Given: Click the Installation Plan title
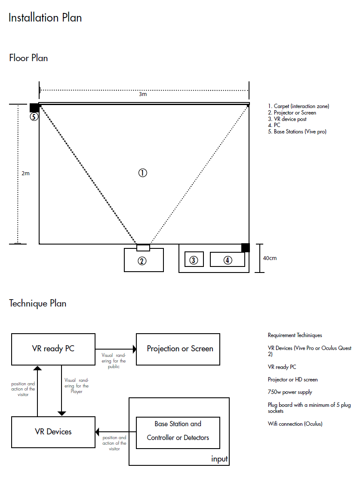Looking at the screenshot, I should click(x=45, y=18).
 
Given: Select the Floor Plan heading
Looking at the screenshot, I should click(x=28, y=58).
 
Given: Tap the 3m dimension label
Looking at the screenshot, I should click(x=143, y=94).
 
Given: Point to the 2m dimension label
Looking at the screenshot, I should click(x=25, y=173).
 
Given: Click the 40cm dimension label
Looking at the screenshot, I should click(x=270, y=258).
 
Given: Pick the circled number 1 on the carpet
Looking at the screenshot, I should click(x=142, y=173).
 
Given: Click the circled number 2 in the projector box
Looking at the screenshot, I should click(x=142, y=260).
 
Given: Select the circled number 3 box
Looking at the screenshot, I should click(x=194, y=260).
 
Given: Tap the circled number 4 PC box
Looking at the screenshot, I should click(x=227, y=260).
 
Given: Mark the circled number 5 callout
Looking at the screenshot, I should click(x=34, y=116).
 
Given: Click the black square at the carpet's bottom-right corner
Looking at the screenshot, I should click(x=245, y=248).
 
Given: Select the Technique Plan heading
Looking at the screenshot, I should click(x=38, y=303).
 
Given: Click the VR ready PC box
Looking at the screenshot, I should click(x=53, y=349).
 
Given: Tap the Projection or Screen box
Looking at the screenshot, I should click(x=180, y=349).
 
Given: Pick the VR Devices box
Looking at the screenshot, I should click(x=53, y=432).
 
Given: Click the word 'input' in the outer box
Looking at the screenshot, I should click(x=219, y=459).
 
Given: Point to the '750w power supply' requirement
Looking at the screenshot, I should click(x=290, y=392).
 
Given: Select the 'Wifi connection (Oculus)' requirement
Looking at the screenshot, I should click(x=295, y=424).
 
